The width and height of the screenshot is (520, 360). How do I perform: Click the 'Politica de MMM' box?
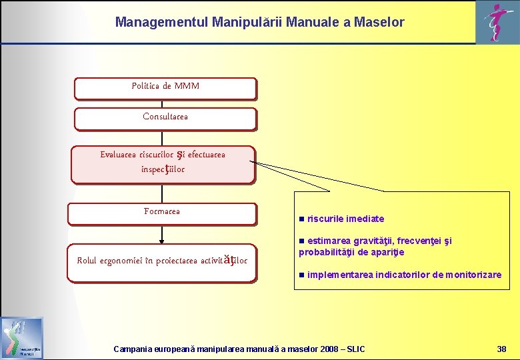pos(165,88)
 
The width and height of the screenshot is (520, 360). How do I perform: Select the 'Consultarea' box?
pos(165,118)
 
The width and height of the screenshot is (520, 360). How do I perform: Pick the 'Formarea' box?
pos(162,213)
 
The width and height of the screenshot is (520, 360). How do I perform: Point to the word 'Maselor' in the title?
pos(379,22)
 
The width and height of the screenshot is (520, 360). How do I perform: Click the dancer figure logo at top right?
pos(497,21)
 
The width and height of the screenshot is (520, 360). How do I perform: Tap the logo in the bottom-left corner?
pos(22,338)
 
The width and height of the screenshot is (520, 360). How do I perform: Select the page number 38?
pos(501,349)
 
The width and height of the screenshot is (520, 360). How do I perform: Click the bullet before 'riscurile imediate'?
pos(302,219)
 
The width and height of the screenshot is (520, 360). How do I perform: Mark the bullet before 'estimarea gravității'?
pos(301,241)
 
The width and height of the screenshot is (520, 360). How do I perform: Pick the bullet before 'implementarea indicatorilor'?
pos(302,275)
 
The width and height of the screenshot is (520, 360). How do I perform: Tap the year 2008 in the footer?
pos(329,349)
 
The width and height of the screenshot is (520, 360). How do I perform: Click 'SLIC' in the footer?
pos(355,349)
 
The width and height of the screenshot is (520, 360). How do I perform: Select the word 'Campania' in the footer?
pos(133,349)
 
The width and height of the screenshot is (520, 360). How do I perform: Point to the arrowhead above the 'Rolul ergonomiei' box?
pos(161,241)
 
